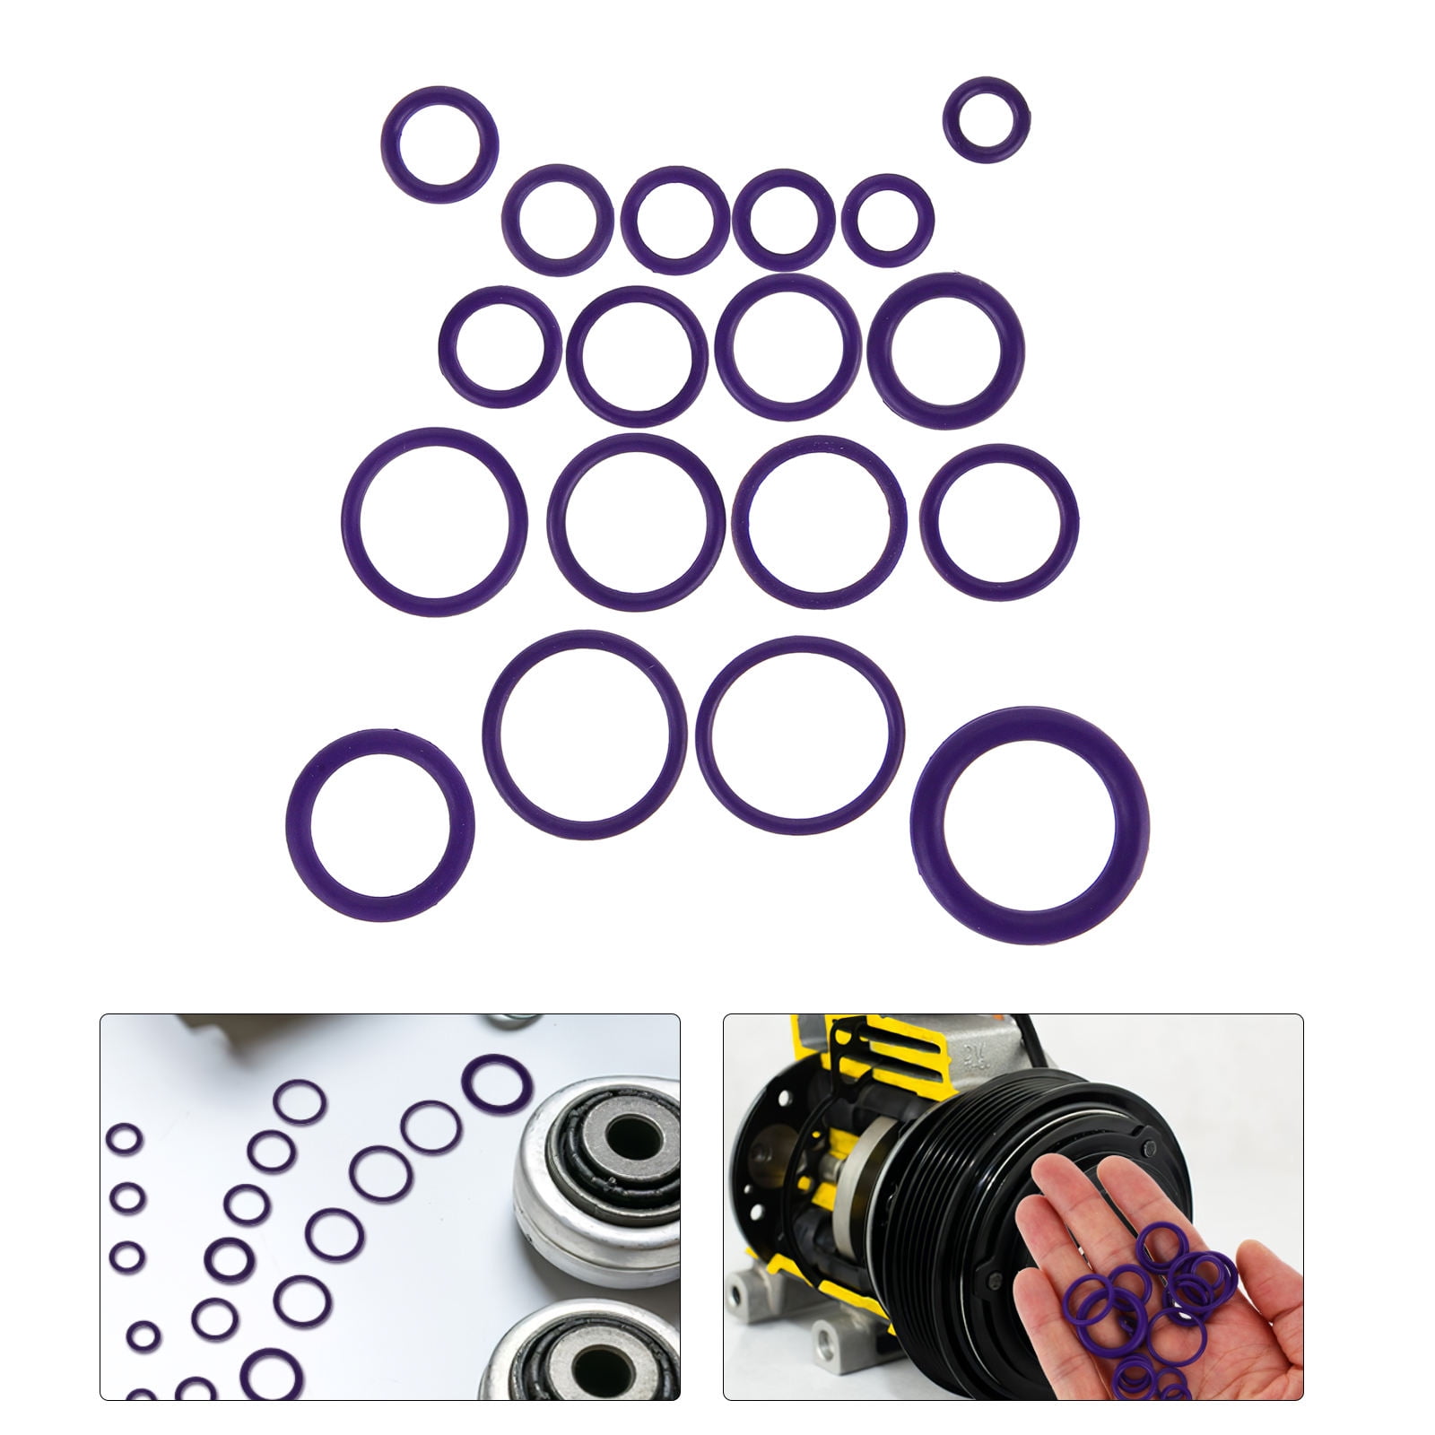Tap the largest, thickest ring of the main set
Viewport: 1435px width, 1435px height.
pyautogui.click(x=1029, y=823)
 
